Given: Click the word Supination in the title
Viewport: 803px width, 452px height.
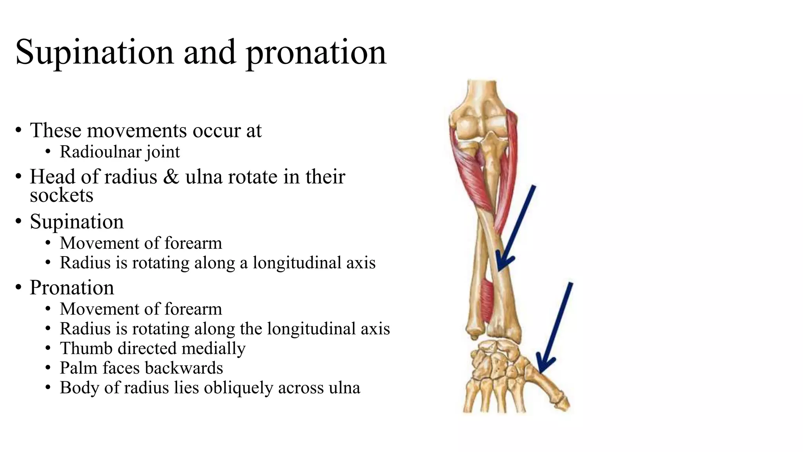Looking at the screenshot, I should coord(94,53).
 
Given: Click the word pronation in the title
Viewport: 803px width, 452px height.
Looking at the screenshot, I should coord(316,53).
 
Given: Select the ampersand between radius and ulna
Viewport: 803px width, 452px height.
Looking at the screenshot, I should coord(171,177).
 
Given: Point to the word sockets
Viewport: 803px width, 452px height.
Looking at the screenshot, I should coord(62,195).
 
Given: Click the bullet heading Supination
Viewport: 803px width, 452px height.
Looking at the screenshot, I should coord(77,222).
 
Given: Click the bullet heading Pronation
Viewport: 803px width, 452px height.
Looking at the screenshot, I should coord(72,288).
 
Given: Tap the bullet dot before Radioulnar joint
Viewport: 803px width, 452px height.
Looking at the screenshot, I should coord(48,152).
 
